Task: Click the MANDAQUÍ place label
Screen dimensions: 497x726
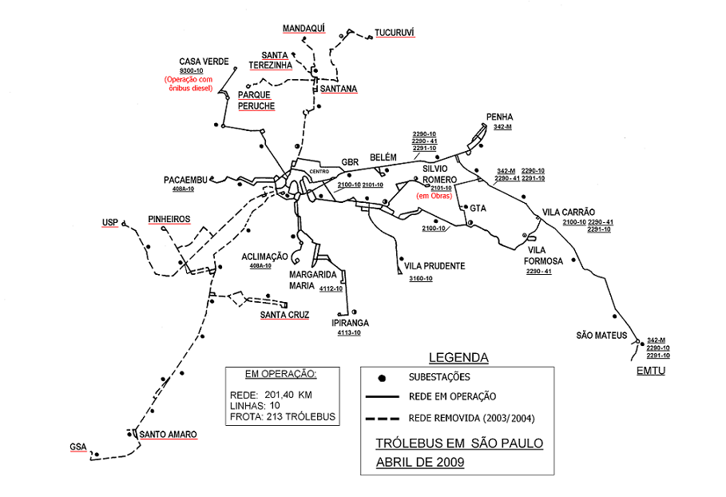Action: click(x=304, y=28)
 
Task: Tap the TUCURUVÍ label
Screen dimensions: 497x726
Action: click(x=396, y=34)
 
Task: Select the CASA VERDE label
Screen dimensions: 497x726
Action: click(x=204, y=62)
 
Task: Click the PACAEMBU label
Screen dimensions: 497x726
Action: click(x=185, y=179)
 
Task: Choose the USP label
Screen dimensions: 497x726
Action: click(x=110, y=223)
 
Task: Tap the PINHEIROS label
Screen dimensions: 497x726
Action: click(x=169, y=218)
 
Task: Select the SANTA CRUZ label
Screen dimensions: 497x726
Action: click(x=284, y=315)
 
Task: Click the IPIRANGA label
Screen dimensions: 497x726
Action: click(x=350, y=323)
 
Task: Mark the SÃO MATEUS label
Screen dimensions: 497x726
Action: click(x=601, y=335)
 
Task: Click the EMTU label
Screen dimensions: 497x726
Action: click(x=650, y=372)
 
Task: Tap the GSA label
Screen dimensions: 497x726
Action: click(x=77, y=447)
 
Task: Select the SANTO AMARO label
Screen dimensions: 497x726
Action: click(x=168, y=435)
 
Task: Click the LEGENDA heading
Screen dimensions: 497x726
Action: click(x=458, y=357)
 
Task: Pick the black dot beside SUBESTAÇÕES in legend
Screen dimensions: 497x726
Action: click(x=383, y=376)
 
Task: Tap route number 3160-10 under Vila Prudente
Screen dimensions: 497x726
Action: click(x=420, y=278)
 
